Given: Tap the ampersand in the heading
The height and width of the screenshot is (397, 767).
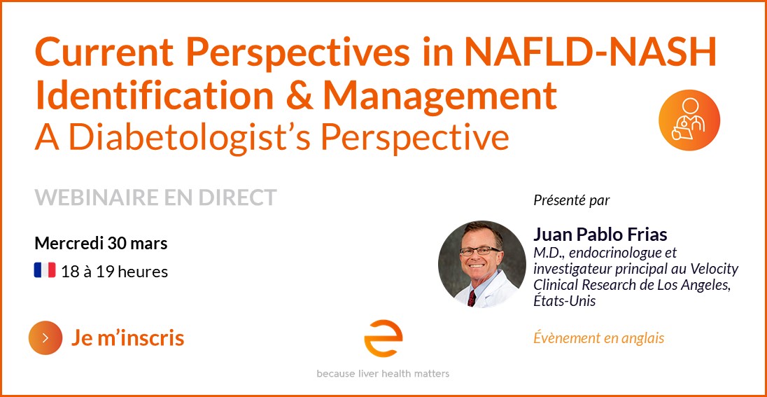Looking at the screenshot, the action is [x=299, y=95].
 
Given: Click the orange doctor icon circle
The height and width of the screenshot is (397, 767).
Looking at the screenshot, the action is [x=689, y=120].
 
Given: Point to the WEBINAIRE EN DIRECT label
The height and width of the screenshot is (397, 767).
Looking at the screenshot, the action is [x=155, y=197].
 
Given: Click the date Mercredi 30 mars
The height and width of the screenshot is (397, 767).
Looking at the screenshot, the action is [x=101, y=243].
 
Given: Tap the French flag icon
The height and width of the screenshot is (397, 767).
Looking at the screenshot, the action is [x=45, y=270].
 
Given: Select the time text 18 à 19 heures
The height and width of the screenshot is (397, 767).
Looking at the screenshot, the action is [x=115, y=271].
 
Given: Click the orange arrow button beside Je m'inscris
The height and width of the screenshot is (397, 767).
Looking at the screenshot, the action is [x=45, y=337].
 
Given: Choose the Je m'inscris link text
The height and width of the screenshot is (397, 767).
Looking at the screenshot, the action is [x=127, y=337].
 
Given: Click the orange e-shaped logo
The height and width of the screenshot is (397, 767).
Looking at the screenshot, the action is [x=383, y=338].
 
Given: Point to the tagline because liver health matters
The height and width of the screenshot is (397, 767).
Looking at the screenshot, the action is [x=383, y=374].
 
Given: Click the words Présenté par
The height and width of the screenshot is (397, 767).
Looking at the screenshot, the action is [x=571, y=201].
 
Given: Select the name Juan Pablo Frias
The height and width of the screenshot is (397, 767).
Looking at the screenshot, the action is [x=600, y=235].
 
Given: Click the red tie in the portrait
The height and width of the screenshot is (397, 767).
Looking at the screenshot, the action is [x=472, y=298].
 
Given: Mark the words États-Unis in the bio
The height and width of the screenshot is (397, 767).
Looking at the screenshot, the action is [x=565, y=300].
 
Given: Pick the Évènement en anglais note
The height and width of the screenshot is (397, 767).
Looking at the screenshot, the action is [x=599, y=337].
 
